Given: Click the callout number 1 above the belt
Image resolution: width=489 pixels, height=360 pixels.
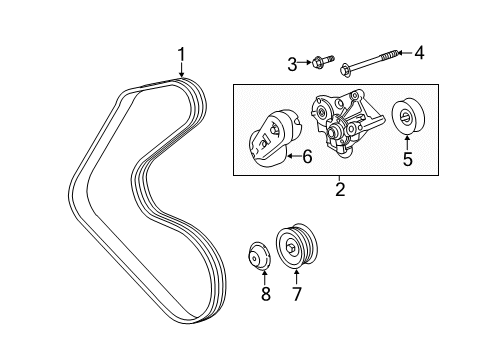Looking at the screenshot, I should point(181,55).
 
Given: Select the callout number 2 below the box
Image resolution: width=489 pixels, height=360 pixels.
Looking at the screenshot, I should point(340,189).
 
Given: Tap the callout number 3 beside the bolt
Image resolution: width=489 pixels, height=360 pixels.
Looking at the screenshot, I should point(292,65).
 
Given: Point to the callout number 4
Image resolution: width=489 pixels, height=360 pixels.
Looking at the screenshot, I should point(419,53).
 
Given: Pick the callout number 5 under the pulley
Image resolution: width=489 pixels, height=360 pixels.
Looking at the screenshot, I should point(408,157).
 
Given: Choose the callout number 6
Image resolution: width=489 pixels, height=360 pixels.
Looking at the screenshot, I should point(308,155).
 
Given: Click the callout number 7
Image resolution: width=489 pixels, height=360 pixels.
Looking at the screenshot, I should point(295,294).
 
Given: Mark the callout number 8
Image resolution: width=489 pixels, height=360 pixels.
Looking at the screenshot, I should point(266,294).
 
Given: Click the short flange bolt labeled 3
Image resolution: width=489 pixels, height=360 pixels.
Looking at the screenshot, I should point(318,63).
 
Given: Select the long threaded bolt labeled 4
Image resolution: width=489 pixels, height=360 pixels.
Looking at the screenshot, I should point(370,62).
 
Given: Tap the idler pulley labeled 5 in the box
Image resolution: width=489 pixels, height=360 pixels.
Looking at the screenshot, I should point(408,117).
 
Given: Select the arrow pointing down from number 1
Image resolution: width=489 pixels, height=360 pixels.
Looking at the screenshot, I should point(181,71).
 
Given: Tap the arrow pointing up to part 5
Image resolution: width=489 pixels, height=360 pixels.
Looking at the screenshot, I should point(408,141).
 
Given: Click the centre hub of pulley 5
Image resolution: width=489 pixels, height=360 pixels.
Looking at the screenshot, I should point(408,118).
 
